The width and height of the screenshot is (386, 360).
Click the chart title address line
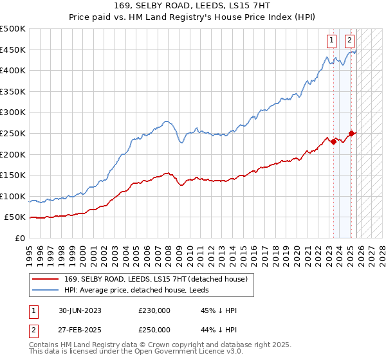(x=193, y=6)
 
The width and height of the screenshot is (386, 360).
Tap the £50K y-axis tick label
(x=15, y=217)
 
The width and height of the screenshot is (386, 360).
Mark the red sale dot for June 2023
(x=333, y=141)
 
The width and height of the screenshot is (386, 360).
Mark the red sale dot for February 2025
(x=351, y=134)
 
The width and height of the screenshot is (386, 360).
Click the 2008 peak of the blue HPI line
(x=166, y=120)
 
